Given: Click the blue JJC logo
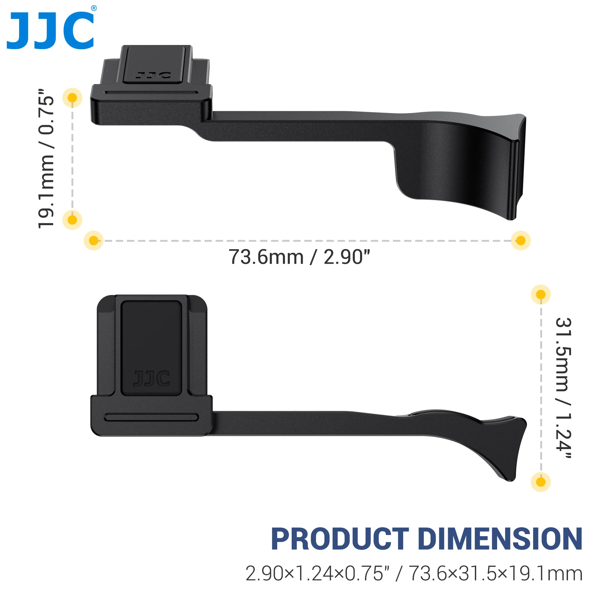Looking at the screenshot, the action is pos(51,30).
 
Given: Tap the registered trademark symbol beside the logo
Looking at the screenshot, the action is pos(94,8).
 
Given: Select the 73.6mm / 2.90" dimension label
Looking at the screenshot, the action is pos(299,257).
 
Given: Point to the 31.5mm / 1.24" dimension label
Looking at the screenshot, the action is pos(564,388).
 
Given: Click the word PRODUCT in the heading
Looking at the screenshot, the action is pos(340,539).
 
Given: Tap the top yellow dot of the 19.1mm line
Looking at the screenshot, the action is pos(72,98).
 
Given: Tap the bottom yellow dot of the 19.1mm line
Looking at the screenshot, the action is pos(72,220).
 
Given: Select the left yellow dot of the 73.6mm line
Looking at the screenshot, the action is pos(94,241).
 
